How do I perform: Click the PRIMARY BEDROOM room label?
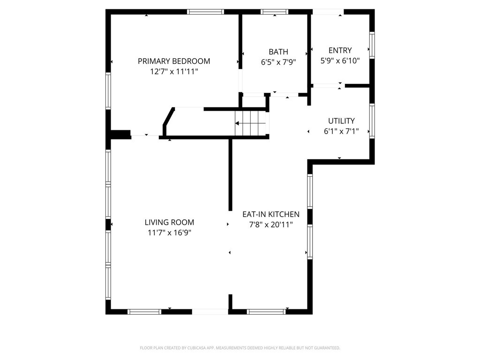click(174, 61)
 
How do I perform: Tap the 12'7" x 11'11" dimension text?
click(174, 72)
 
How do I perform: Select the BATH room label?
click(278, 52)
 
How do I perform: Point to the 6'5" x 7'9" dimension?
click(278, 62)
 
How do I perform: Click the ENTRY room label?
click(340, 50)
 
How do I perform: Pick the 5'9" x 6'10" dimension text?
click(340, 60)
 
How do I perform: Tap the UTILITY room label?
click(341, 121)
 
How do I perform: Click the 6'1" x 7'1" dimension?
click(341, 131)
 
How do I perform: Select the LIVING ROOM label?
click(169, 222)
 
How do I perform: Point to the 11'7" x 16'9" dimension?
click(169, 232)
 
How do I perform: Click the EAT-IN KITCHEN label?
click(271, 214)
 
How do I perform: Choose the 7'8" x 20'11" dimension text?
click(271, 225)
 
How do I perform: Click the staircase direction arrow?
click(250, 123)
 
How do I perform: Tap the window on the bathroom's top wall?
click(275, 12)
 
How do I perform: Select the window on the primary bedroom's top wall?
click(206, 12)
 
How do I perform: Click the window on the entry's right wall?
click(372, 45)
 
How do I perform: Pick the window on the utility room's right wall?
click(372, 121)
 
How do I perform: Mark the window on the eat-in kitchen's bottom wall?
click(266, 312)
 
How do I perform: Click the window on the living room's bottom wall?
click(144, 312)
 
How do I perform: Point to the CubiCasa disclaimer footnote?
click(240, 348)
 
